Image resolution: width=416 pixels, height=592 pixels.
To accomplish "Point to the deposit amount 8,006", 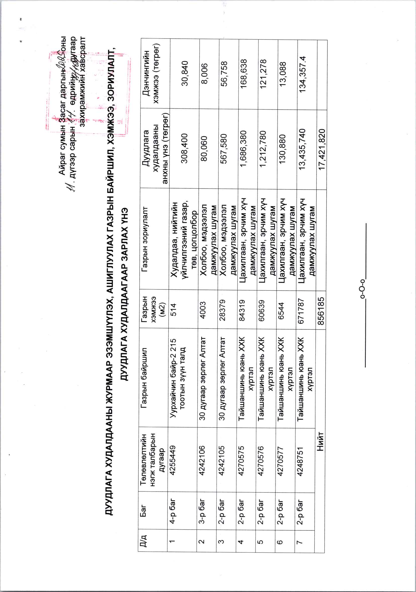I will [204, 73].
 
